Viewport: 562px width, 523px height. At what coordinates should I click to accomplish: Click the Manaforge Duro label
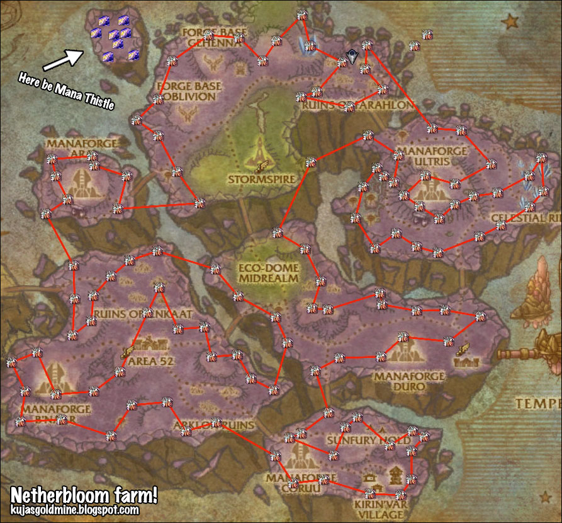coord(408,381)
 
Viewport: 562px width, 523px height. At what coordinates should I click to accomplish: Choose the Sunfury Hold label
coord(355,439)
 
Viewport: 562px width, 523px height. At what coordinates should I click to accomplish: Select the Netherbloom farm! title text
coord(83,494)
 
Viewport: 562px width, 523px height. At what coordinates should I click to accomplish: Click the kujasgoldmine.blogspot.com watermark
coord(76,509)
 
